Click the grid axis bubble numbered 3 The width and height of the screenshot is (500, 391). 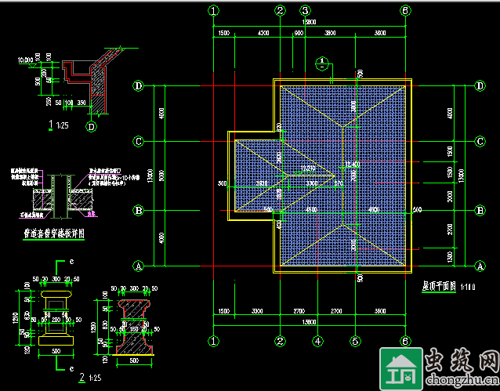[x=305, y=10]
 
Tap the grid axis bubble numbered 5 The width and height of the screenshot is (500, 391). [x=355, y=341]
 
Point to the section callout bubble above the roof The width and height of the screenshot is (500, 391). [x=321, y=63]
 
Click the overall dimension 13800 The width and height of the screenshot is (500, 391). [x=310, y=24]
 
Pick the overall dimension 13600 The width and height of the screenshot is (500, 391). [x=310, y=323]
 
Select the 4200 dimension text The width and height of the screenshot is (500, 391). [x=263, y=34]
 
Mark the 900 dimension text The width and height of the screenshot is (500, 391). [x=298, y=34]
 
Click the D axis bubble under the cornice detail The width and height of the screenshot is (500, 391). [x=91, y=127]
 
